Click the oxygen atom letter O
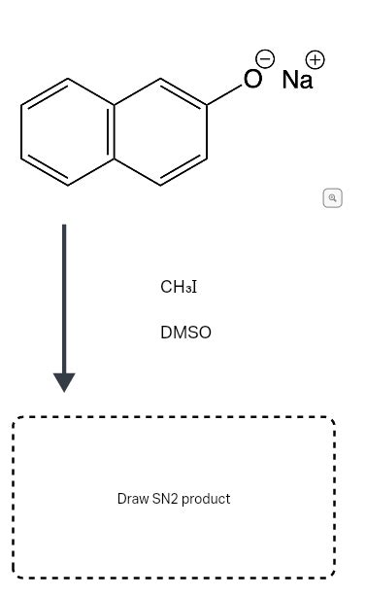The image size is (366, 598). [x=252, y=80]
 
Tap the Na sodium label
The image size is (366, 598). [x=297, y=80]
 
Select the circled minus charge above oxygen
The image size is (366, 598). [x=264, y=59]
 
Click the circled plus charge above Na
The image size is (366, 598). [x=315, y=59]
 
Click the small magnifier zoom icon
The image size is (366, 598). [x=332, y=198]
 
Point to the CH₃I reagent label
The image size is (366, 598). [x=179, y=287]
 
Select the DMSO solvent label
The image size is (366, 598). [x=185, y=333]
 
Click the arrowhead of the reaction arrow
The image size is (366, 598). [x=64, y=381]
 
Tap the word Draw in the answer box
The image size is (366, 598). [x=132, y=499]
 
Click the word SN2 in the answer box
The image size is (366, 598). [x=164, y=499]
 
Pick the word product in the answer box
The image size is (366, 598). [x=206, y=499]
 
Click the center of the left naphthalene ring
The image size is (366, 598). [x=67, y=131]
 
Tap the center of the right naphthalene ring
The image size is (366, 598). [x=160, y=131]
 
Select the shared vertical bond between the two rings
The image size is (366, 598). [x=114, y=131]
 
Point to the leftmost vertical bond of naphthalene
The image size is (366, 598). [x=21, y=131]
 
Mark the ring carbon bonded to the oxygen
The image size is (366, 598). [x=207, y=105]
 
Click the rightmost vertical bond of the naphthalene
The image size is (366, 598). [x=207, y=131]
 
